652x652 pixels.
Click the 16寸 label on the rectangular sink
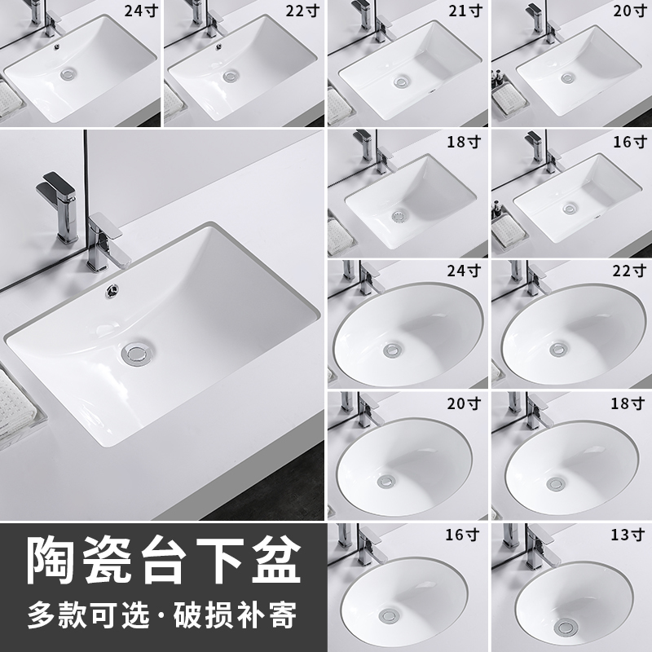pos(628,142)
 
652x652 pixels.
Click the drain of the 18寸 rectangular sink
pos(398,217)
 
